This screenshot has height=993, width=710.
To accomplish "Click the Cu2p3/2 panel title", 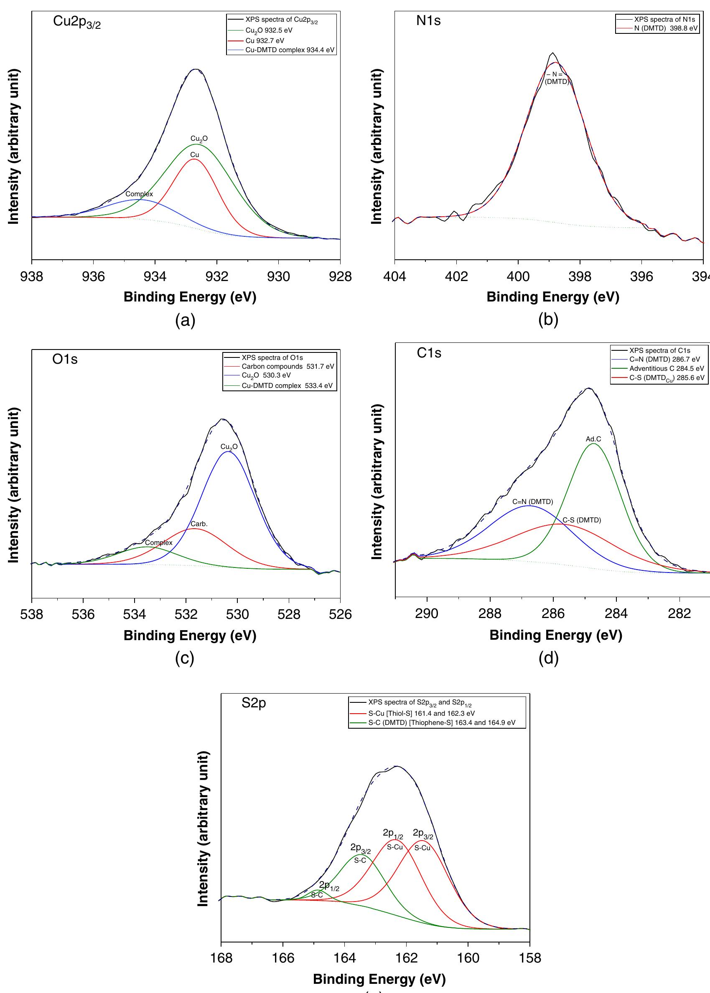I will point(76,22).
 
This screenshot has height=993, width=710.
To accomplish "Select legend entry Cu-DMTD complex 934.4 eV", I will point(290,50).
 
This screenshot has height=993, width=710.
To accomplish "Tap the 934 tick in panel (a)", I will point(155,276).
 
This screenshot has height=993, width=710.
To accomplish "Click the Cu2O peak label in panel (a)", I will point(199,139).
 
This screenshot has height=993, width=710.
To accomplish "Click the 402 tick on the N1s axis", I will point(456,276).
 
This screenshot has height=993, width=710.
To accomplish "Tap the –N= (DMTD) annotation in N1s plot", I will point(556,78).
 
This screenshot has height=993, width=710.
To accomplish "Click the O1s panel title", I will point(65,359).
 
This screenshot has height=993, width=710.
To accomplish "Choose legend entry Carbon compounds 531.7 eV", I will point(287,366).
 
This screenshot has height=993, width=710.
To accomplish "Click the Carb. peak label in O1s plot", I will point(199,524).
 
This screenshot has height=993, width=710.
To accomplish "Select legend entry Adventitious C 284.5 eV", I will point(666,368).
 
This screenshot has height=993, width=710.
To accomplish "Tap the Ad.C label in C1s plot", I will point(593,439).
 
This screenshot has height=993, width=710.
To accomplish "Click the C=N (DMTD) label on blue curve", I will point(532,502).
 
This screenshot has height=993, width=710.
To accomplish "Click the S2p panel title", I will point(254,703).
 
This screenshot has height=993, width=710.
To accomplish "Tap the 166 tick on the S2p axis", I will point(283,958).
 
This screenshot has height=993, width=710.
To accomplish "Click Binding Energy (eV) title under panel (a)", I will point(190,297).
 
